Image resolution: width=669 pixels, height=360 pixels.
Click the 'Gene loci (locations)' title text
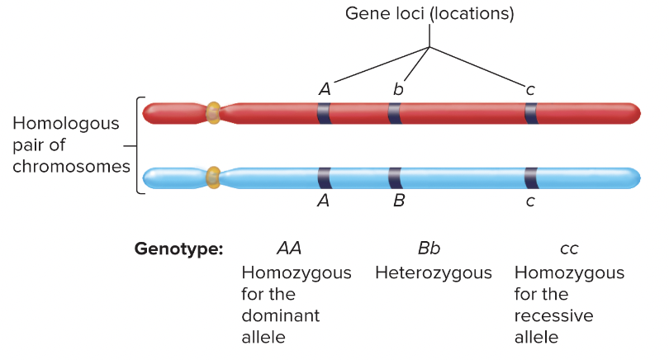(429, 14)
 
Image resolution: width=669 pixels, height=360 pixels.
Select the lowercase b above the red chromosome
(398, 89)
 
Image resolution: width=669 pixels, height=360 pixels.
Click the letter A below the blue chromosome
(324, 201)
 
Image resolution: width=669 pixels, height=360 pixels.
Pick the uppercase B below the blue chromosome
(398, 201)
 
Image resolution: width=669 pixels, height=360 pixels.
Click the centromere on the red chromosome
(213, 112)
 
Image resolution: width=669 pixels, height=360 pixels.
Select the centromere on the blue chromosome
(213, 176)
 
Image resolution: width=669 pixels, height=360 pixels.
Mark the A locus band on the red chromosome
(324, 113)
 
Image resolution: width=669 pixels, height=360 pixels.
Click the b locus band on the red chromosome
(395, 113)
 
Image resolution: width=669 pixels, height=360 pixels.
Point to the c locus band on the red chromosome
(530, 113)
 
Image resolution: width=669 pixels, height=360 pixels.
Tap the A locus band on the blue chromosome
(324, 177)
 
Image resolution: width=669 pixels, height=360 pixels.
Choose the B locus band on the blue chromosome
(395, 177)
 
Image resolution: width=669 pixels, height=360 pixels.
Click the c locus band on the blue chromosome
(530, 177)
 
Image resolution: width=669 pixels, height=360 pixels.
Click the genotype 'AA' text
(288, 248)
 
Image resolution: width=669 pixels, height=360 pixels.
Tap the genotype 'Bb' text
(429, 248)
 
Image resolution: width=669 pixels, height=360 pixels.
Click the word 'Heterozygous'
(433, 272)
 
